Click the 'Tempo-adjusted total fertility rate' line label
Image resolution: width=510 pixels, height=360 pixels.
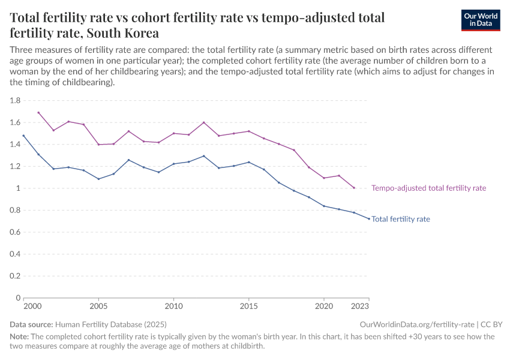pyautogui.click(x=428, y=188)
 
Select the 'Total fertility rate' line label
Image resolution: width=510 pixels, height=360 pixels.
pyautogui.click(x=401, y=219)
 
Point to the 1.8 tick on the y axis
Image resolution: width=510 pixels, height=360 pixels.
pyautogui.click(x=15, y=100)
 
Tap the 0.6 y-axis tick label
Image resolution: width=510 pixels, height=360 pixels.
pyautogui.click(x=15, y=232)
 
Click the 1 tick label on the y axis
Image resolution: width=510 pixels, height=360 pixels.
pyautogui.click(x=18, y=188)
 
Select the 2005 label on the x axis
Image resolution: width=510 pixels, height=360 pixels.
pyautogui.click(x=99, y=306)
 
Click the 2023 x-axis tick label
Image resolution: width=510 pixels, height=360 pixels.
pyautogui.click(x=360, y=306)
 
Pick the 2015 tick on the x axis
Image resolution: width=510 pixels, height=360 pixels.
pyautogui.click(x=249, y=306)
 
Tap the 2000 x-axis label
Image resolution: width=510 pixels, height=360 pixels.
pyautogui.click(x=32, y=306)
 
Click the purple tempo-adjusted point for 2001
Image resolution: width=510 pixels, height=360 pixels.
pyautogui.click(x=38, y=112)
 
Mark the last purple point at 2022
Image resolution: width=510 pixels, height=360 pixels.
pyautogui.click(x=354, y=188)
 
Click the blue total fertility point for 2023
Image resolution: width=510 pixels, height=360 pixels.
pyautogui.click(x=369, y=218)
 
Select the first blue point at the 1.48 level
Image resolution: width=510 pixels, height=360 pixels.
pyautogui.click(x=23, y=136)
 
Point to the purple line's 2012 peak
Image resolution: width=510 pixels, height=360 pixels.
pyautogui.click(x=204, y=122)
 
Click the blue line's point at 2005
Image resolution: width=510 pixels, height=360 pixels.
pyautogui.click(x=99, y=179)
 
